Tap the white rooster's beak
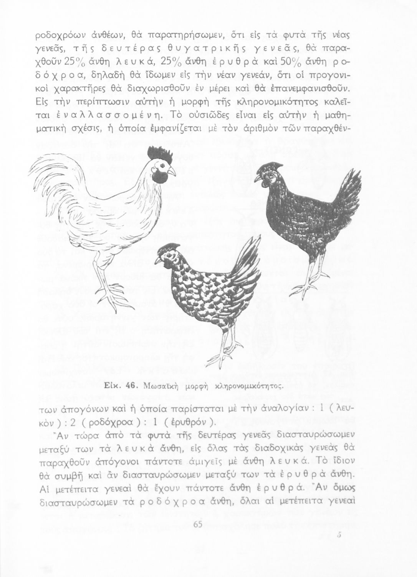click(x=172, y=170)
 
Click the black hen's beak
click(x=256, y=179)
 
